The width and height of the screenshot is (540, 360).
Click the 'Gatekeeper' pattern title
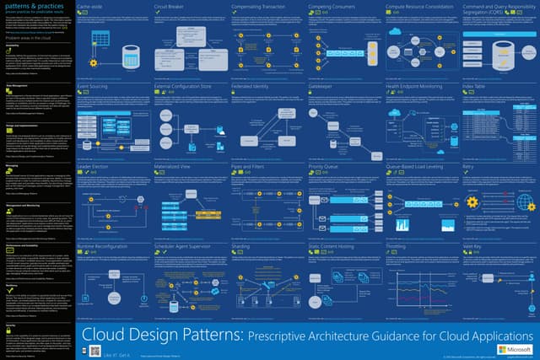coord(324,85)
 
